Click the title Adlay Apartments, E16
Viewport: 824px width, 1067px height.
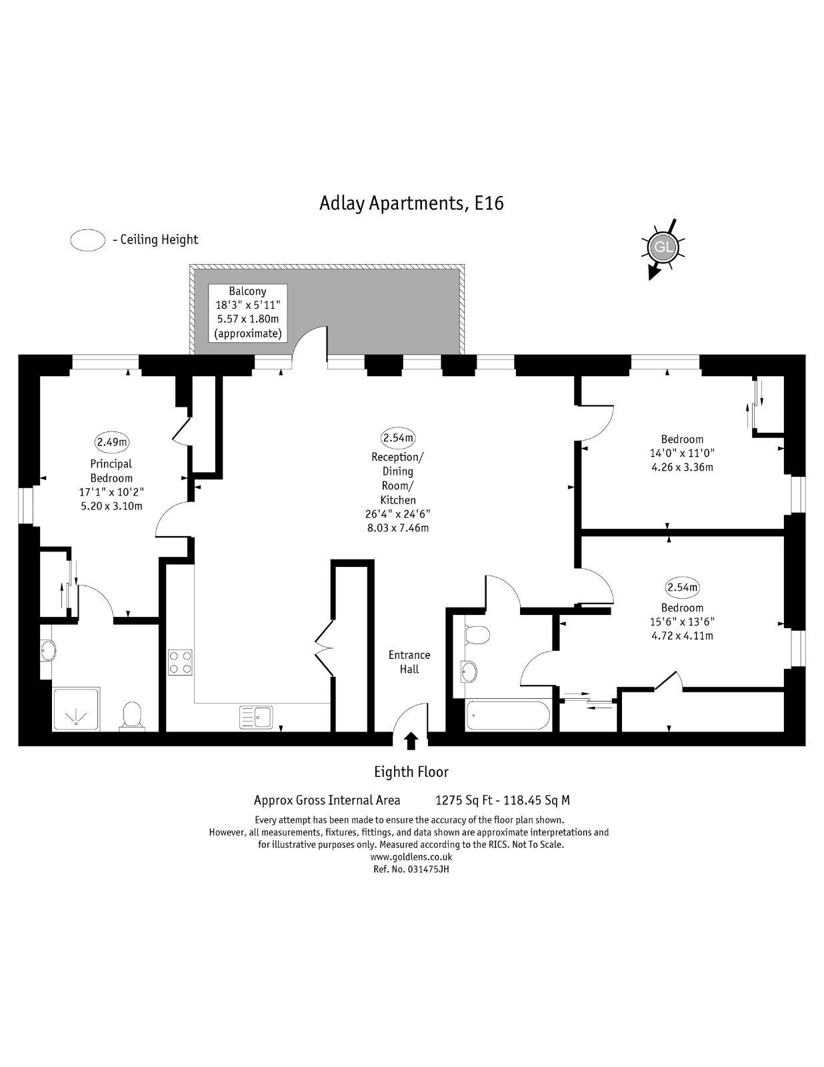pos(411,203)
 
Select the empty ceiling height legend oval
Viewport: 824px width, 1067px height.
pos(88,240)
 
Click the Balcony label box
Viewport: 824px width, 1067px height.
pos(248,313)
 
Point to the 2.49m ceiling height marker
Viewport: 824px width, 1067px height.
pos(112,441)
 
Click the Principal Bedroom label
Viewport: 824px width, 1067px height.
pos(111,470)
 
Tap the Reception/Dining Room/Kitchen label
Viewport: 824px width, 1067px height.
pos(397,478)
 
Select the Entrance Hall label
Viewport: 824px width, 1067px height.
pos(409,662)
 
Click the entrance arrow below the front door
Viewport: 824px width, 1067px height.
pos(411,741)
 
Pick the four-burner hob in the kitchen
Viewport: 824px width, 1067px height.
pos(180,662)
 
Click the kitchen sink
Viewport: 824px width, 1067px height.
pos(256,717)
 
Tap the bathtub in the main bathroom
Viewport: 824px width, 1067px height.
pos(509,715)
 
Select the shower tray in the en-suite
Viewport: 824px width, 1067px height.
pos(76,709)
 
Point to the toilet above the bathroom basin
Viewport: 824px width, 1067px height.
pos(477,634)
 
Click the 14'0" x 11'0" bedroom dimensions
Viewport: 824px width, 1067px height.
pos(682,453)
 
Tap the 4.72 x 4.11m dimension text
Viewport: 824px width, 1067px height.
pos(682,636)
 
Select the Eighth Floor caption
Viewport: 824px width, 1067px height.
pos(411,772)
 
